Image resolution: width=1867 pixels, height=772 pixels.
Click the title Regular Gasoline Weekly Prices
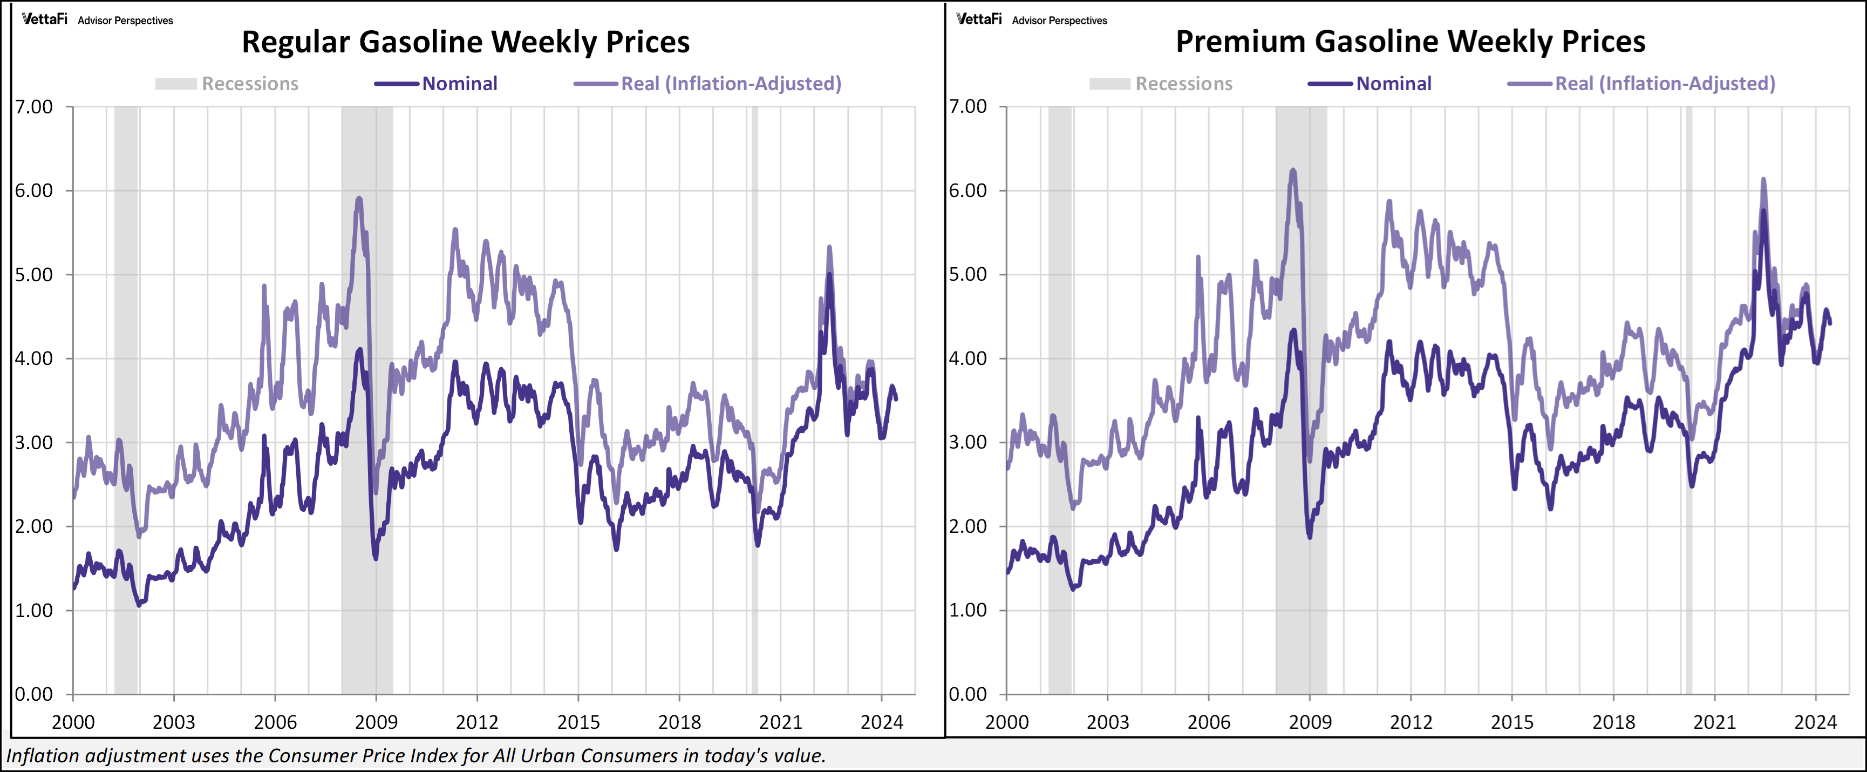click(x=465, y=42)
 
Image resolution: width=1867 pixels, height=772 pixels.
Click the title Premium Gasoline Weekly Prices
click(x=1409, y=42)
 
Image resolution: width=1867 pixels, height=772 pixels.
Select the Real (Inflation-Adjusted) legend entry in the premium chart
click(x=1664, y=84)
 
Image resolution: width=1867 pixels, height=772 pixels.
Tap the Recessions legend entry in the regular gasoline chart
click(x=249, y=84)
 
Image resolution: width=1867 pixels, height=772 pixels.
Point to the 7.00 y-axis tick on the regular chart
click(x=34, y=107)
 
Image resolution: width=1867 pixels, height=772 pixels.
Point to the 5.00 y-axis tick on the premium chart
click(x=967, y=275)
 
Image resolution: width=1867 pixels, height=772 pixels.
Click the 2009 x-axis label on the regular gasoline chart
click(x=376, y=722)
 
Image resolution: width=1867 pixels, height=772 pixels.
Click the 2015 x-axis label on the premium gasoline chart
click(x=1511, y=722)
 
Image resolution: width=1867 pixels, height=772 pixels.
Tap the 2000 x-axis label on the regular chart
click(x=72, y=722)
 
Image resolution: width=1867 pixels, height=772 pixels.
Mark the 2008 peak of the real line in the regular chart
click(x=359, y=198)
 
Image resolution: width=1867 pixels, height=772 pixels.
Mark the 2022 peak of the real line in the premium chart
click(x=1763, y=180)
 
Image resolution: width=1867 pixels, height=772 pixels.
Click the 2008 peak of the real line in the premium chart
click(x=1293, y=171)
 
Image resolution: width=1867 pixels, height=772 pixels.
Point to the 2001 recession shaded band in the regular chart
click(x=125, y=398)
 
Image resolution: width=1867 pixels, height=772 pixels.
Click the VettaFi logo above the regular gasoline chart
click(x=44, y=19)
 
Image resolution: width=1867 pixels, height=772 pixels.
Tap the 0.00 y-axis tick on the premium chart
click(x=967, y=694)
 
